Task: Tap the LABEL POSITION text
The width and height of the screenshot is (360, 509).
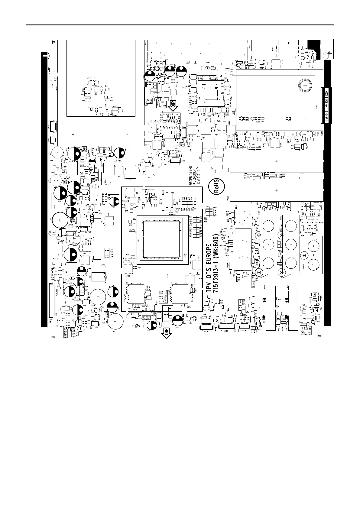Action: [x=326, y=106]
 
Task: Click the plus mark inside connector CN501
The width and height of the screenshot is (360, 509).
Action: [x=276, y=161]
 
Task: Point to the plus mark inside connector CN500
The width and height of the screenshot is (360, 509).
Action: [x=276, y=190]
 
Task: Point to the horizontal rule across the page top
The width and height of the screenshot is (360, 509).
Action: [x=180, y=25]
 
